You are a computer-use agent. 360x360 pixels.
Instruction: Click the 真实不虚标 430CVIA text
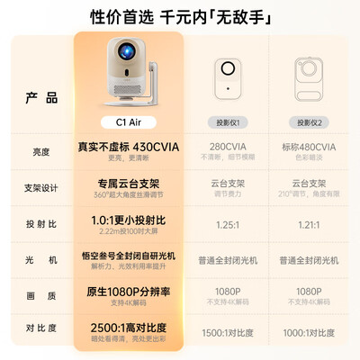point(129,146)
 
